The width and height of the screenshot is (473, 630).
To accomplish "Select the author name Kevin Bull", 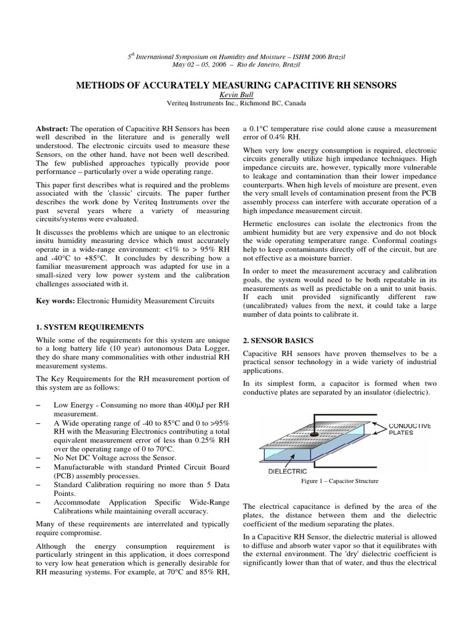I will coord(236,95).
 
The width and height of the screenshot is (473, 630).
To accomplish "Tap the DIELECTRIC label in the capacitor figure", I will coord(286,471).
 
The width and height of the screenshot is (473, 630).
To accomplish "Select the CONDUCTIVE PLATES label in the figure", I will coord(410,429).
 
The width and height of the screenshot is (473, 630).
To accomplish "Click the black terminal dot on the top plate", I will coord(313,433).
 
